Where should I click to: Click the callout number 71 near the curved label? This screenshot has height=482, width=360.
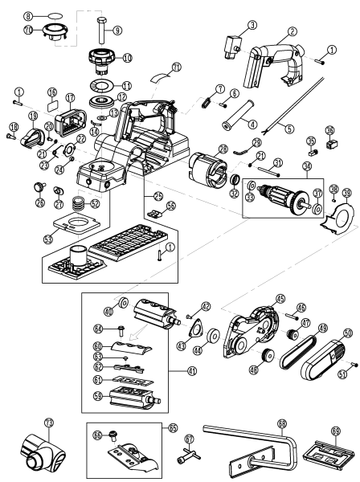click(x=176, y=65)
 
